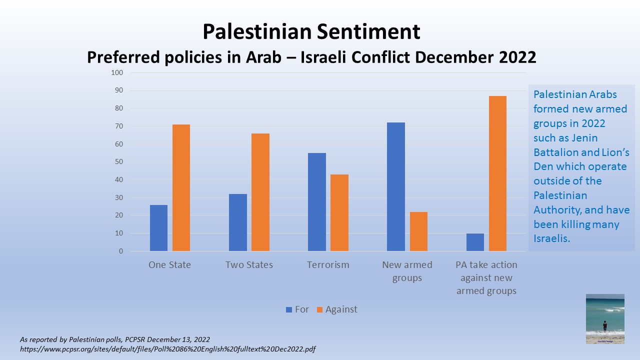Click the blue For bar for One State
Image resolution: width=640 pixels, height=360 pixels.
(x=158, y=228)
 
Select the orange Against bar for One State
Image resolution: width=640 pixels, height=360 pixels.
(x=181, y=187)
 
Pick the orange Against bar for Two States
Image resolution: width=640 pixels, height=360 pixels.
(x=260, y=192)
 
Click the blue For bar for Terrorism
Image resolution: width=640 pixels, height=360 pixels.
(x=316, y=202)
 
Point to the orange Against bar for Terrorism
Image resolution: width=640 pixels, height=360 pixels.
(x=339, y=212)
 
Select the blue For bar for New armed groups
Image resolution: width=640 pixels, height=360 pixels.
(x=395, y=186)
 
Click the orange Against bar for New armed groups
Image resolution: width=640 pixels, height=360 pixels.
(x=418, y=231)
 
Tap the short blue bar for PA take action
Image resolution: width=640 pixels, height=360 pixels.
(x=475, y=242)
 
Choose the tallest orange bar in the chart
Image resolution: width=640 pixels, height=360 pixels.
(x=497, y=173)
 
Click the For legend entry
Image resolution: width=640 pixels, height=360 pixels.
(x=297, y=309)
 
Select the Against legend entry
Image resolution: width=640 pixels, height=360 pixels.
(x=337, y=309)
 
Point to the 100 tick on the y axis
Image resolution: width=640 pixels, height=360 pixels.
(x=117, y=72)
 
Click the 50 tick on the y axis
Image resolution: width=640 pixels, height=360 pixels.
(x=119, y=162)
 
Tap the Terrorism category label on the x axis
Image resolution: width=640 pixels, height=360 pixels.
(x=328, y=265)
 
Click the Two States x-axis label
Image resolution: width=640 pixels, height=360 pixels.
(x=249, y=265)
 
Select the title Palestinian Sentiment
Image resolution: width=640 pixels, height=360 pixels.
(x=311, y=32)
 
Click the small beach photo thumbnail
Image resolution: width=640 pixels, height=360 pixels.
(x=605, y=318)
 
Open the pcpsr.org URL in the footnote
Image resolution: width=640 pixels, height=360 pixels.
(x=168, y=348)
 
